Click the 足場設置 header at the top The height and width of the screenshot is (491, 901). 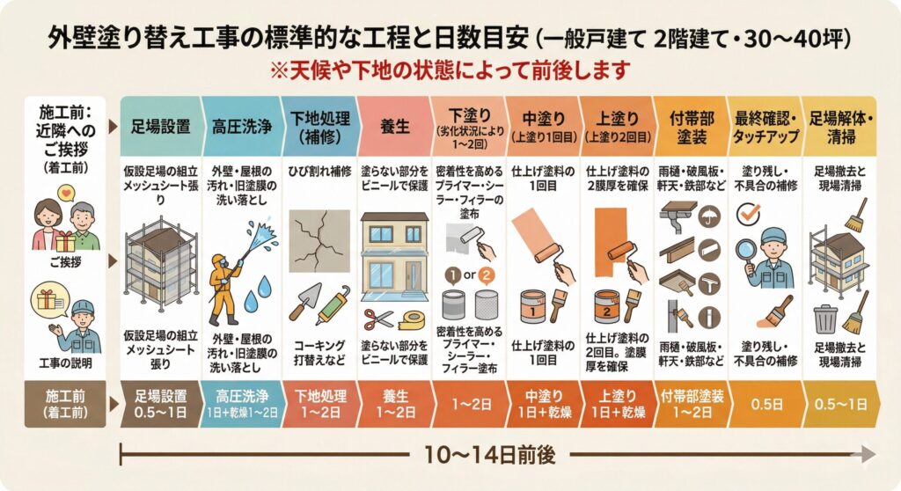coord(160,127)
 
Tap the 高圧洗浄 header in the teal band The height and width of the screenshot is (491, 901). coord(241,127)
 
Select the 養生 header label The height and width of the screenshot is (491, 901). coord(395,127)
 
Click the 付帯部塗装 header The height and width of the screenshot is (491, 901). coord(692,128)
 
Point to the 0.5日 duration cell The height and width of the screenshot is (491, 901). coord(766,404)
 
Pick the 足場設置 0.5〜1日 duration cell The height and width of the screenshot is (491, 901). coord(161,404)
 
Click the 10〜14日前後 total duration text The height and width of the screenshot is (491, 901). coord(489,455)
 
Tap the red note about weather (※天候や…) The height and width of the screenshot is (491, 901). coord(450,70)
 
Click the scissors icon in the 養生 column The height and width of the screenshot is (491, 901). coord(378,320)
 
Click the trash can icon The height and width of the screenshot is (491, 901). coord(825,319)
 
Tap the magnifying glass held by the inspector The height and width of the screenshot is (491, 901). coord(746,253)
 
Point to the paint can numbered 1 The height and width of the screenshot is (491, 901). coord(532,307)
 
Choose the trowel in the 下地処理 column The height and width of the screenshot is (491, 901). coord(305,301)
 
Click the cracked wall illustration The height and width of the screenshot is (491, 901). coord(319,241)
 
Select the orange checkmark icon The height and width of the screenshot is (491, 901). coord(748,215)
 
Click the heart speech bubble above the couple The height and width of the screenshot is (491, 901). coord(67,192)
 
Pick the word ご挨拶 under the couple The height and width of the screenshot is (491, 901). coord(65,262)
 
